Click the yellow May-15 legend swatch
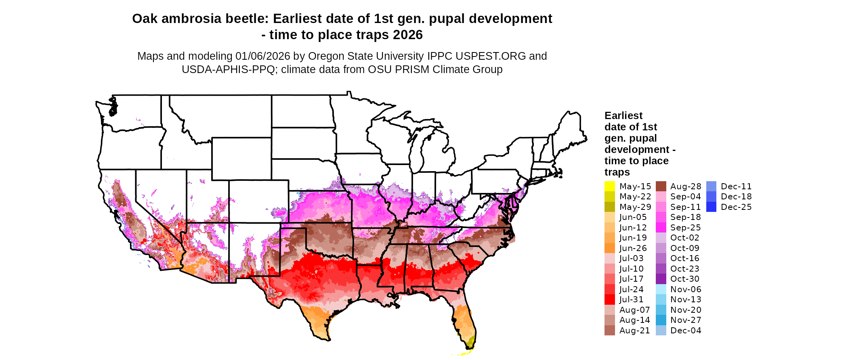click(609, 186)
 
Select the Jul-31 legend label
click(631, 299)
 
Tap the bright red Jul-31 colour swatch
click(609, 299)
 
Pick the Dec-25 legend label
click(736, 207)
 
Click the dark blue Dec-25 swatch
click(712, 207)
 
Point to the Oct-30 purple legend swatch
click(661, 279)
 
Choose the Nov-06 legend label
click(686, 289)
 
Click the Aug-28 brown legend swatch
click(661, 186)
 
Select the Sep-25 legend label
click(685, 228)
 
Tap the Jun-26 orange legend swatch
click(609, 248)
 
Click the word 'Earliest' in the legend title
click(623, 116)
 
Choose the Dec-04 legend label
click(686, 331)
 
